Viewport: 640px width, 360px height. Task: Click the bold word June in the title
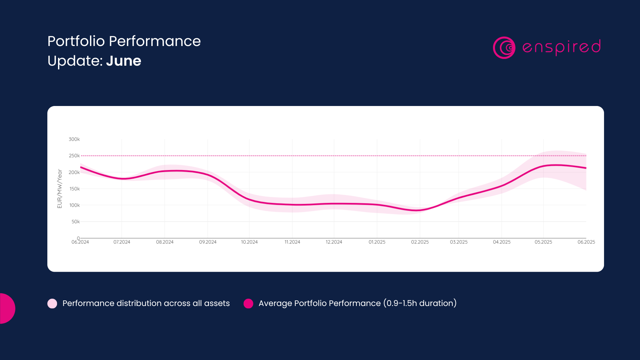(x=124, y=61)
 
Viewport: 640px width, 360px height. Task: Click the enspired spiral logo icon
(x=504, y=48)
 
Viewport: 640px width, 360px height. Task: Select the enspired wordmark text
(x=561, y=47)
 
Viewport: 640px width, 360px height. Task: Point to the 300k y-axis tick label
(x=74, y=139)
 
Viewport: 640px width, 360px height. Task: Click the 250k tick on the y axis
(x=74, y=156)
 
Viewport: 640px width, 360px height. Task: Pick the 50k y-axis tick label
(x=75, y=222)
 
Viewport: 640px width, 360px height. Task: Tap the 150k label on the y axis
(x=74, y=189)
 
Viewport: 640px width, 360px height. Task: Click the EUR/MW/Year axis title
(x=60, y=189)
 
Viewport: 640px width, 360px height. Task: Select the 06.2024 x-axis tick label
(x=80, y=242)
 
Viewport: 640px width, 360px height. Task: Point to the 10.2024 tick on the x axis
(x=249, y=242)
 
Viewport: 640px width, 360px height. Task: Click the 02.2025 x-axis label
(x=420, y=242)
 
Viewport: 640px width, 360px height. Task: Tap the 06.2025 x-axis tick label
(x=586, y=242)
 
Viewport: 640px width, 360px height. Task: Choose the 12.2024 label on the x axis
(x=334, y=242)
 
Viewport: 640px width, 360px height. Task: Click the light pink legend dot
(x=52, y=303)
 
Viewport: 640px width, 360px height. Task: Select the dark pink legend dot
(x=248, y=303)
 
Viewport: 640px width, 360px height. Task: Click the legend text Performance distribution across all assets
(x=146, y=303)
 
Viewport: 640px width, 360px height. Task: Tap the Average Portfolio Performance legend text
(x=357, y=303)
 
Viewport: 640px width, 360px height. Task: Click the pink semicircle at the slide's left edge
(x=7, y=308)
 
